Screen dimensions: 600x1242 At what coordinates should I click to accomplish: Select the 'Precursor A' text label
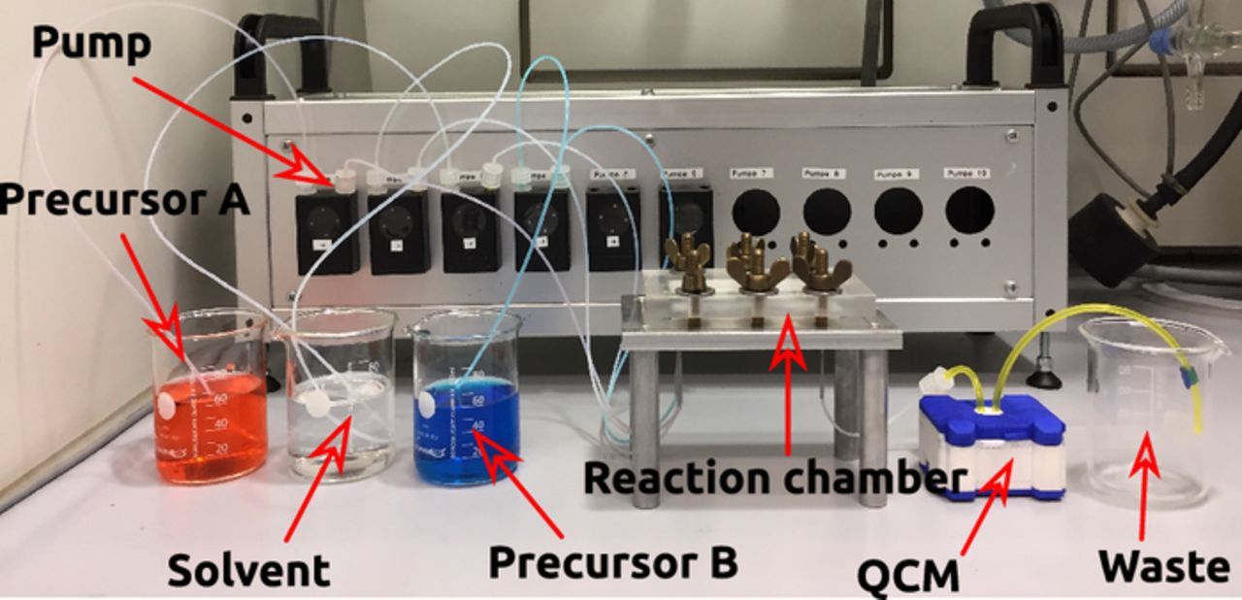(124, 201)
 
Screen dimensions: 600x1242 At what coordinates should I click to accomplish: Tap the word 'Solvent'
(248, 569)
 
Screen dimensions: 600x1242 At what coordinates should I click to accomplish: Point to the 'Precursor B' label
(613, 561)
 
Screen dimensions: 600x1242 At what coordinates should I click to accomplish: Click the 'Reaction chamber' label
(775, 478)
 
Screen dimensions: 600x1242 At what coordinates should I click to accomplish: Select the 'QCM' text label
(908, 575)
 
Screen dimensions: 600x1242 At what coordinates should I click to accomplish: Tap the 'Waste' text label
(1162, 565)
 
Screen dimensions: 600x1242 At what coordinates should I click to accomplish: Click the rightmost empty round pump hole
(969, 209)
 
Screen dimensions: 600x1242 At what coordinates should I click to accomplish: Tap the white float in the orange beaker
(168, 404)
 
